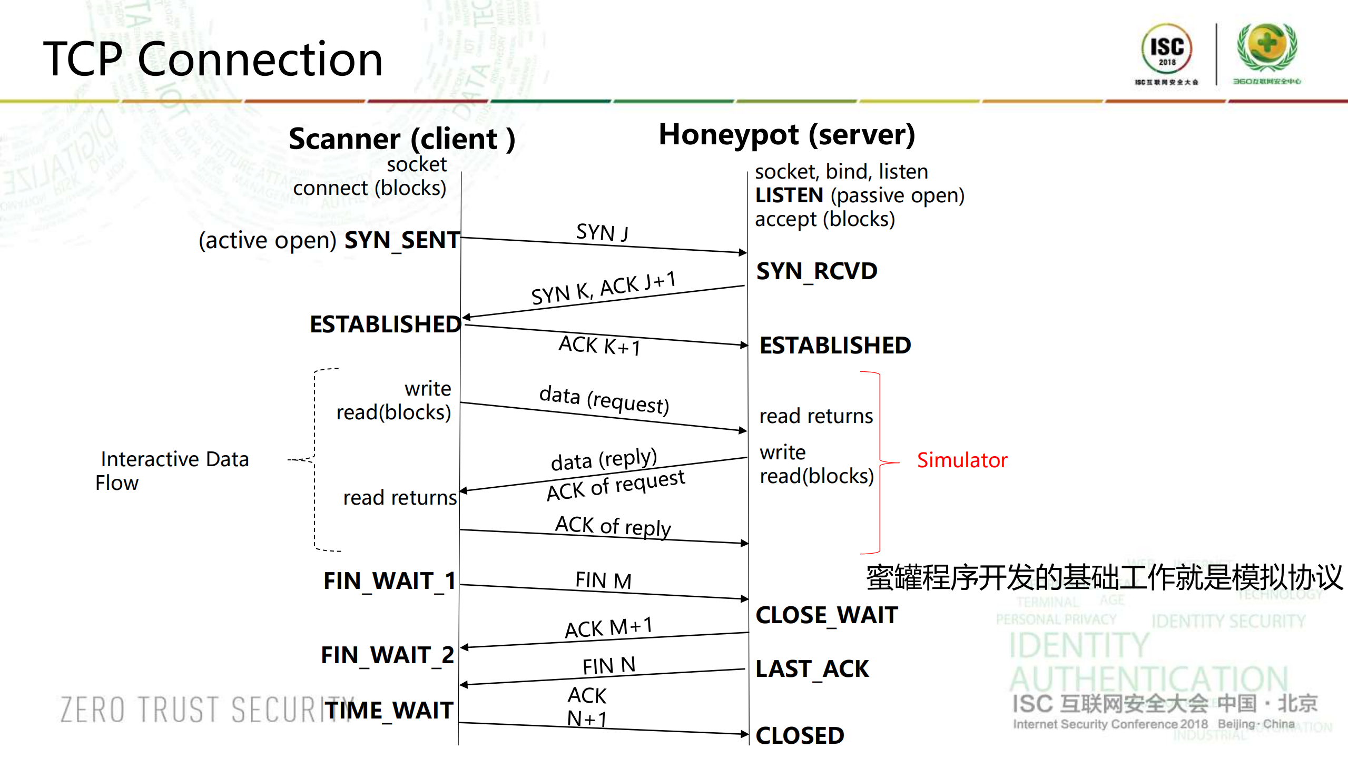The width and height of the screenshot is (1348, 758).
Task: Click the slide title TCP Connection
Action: coord(213,59)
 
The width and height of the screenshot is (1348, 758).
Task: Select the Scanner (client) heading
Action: coord(401,139)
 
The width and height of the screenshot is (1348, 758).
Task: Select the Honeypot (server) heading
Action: coord(786,134)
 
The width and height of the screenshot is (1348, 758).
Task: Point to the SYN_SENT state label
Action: coord(402,240)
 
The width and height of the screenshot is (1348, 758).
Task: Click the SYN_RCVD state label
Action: coord(816,271)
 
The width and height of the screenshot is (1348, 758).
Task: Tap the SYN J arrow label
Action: coord(602,232)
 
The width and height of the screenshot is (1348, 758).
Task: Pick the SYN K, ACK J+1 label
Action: coord(603,288)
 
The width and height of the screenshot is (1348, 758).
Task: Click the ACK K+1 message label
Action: coord(599,346)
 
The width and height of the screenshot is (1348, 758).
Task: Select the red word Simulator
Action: coord(962,460)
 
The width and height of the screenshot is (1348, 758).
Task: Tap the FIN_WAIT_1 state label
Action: coord(389,581)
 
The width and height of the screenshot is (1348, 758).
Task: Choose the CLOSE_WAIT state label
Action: coord(826,615)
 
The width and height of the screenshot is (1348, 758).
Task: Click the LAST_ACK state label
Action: coord(812,669)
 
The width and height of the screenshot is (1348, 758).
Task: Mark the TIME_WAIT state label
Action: coord(389,710)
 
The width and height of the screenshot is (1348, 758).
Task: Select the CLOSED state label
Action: coord(800,735)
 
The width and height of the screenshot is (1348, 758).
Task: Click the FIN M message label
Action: coord(603,580)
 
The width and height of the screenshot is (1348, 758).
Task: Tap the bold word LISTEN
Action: coord(789,195)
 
